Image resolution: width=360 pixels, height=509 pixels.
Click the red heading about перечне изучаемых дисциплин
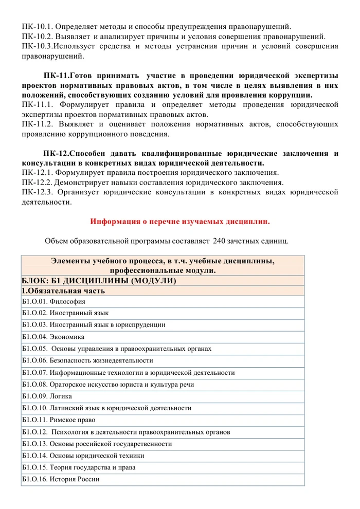180,222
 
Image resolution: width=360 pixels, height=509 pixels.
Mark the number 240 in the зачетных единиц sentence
219,241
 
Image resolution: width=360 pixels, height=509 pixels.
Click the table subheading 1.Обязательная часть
64,290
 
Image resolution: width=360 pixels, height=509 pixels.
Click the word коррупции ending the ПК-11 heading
290,95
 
